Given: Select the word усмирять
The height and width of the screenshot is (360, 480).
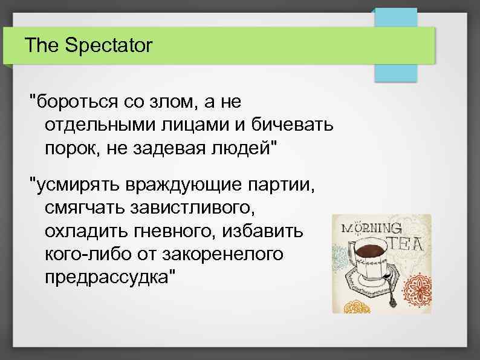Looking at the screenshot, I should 76,183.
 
